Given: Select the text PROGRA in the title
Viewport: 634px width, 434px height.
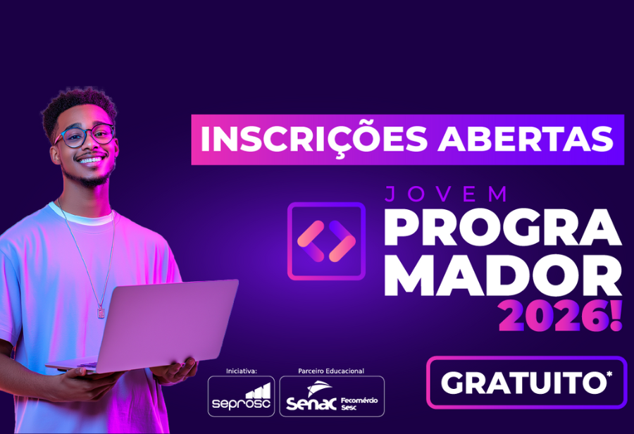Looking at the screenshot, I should point(502,228).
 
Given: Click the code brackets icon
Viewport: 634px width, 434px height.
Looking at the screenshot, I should point(326,240).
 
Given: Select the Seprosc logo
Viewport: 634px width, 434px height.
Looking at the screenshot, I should point(241,397).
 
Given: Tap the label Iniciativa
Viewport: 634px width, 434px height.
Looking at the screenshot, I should point(241,371).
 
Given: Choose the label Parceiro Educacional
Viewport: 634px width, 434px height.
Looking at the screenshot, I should point(331,371).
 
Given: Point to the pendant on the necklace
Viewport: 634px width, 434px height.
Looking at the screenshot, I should point(100,311).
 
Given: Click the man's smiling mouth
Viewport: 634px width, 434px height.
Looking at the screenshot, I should point(92,161).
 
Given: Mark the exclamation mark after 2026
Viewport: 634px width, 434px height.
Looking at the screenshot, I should point(616,318).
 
